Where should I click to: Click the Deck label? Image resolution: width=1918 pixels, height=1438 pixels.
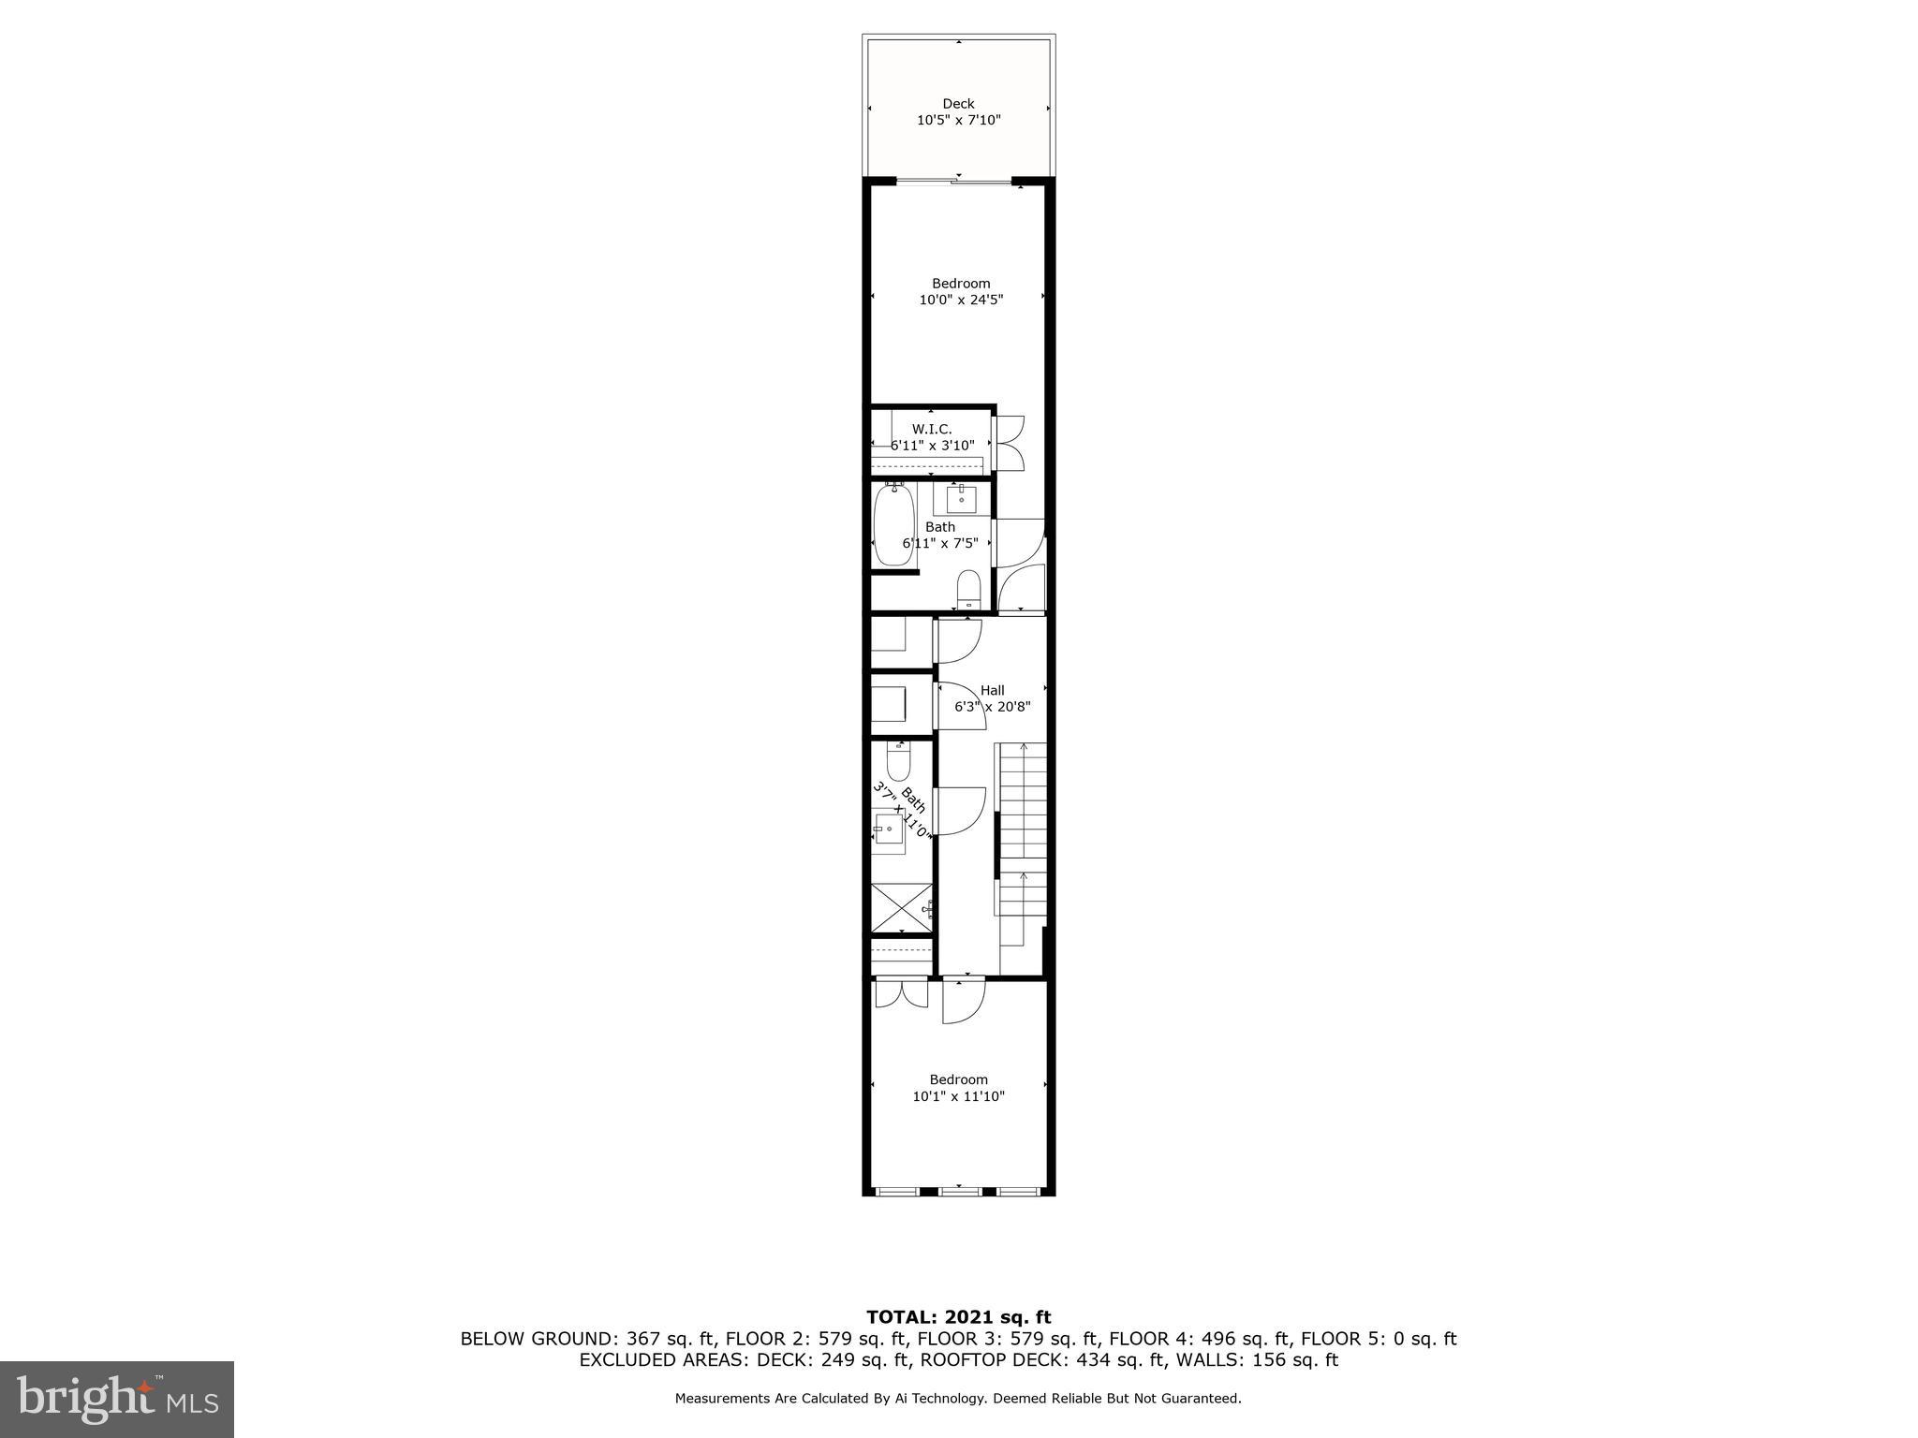pyautogui.click(x=958, y=104)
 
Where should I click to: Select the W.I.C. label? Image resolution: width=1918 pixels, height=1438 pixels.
pyautogui.click(x=932, y=429)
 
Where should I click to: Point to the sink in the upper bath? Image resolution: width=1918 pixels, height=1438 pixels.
pyautogui.click(x=962, y=497)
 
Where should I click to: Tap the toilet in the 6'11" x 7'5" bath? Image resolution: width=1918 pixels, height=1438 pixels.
pyautogui.click(x=968, y=590)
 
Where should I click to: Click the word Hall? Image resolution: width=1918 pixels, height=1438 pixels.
pyautogui.click(x=993, y=690)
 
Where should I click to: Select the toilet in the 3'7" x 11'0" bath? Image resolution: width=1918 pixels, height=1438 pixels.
pyautogui.click(x=899, y=762)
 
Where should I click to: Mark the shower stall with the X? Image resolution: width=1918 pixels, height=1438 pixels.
pyautogui.click(x=902, y=908)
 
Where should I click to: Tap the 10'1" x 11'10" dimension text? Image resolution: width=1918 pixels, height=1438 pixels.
pyautogui.click(x=959, y=1096)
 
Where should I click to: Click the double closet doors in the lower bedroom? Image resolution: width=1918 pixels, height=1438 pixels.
pyautogui.click(x=901, y=993)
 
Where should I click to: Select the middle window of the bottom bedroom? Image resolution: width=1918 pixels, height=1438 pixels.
pyautogui.click(x=959, y=1191)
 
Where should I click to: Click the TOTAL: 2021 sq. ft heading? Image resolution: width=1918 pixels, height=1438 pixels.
pyautogui.click(x=958, y=1318)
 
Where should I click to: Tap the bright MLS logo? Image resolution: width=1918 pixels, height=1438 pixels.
pyautogui.click(x=117, y=1400)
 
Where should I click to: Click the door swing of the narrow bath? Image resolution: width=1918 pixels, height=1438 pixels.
pyautogui.click(x=961, y=811)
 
